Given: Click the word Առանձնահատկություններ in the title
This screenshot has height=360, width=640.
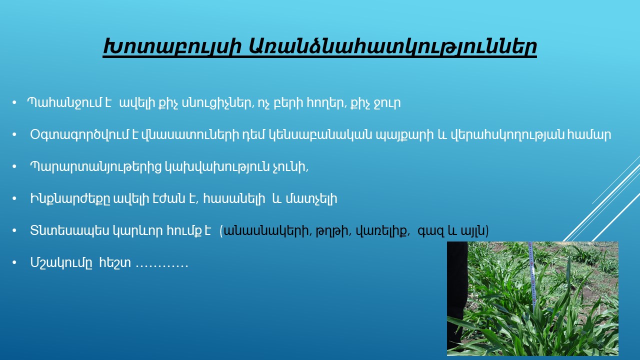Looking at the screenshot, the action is pos(392,46).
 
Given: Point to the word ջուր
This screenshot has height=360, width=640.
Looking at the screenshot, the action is pos(387,103).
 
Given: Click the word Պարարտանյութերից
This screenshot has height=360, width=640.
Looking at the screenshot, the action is pos(96,167).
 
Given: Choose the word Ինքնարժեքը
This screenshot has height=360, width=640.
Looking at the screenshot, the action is pos(70,199).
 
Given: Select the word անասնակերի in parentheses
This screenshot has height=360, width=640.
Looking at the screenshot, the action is pos(266,231).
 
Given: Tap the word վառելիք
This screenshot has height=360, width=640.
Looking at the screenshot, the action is pos(381,231).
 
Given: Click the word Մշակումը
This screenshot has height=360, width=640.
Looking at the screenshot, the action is pos(61,262).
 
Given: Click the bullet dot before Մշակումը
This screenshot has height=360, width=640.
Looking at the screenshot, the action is pos(14,262).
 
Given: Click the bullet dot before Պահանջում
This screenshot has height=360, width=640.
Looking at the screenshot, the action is pos(14,102).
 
